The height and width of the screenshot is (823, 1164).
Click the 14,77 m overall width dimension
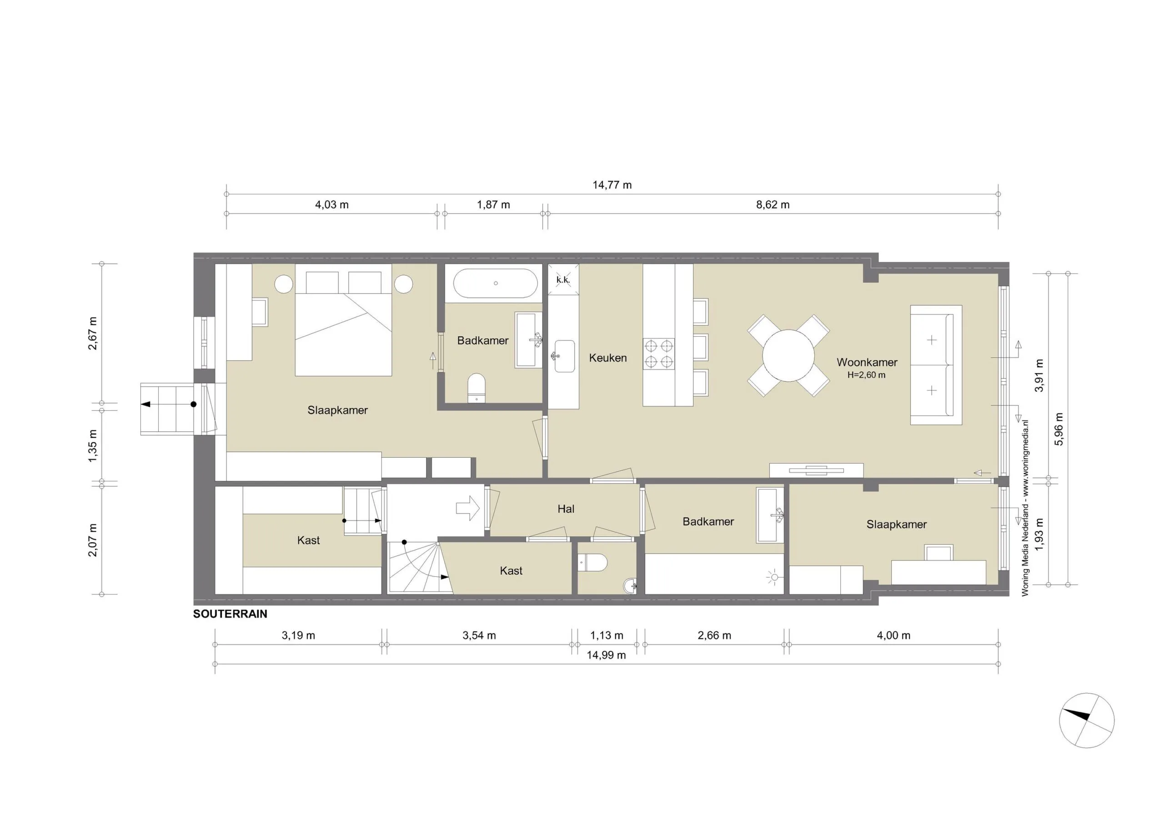612,185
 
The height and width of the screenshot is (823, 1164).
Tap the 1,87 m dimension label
493,205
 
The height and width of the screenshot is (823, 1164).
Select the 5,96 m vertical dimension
1059,429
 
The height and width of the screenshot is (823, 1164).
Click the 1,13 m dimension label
607,635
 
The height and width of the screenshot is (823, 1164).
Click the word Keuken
607,358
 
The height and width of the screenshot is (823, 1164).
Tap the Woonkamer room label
867,362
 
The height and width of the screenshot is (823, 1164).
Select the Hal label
565,509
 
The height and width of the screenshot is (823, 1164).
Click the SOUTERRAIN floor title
230,614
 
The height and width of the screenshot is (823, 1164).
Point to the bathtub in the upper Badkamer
495,283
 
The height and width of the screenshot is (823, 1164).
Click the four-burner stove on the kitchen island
658,354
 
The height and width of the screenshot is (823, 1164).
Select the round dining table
788,355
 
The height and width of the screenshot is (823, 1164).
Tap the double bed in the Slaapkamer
343,324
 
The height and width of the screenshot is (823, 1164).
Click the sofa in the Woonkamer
935,365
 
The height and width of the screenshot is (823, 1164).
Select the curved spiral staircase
417,568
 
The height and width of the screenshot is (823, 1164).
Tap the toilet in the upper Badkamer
476,387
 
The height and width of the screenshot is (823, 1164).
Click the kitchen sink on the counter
564,356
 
